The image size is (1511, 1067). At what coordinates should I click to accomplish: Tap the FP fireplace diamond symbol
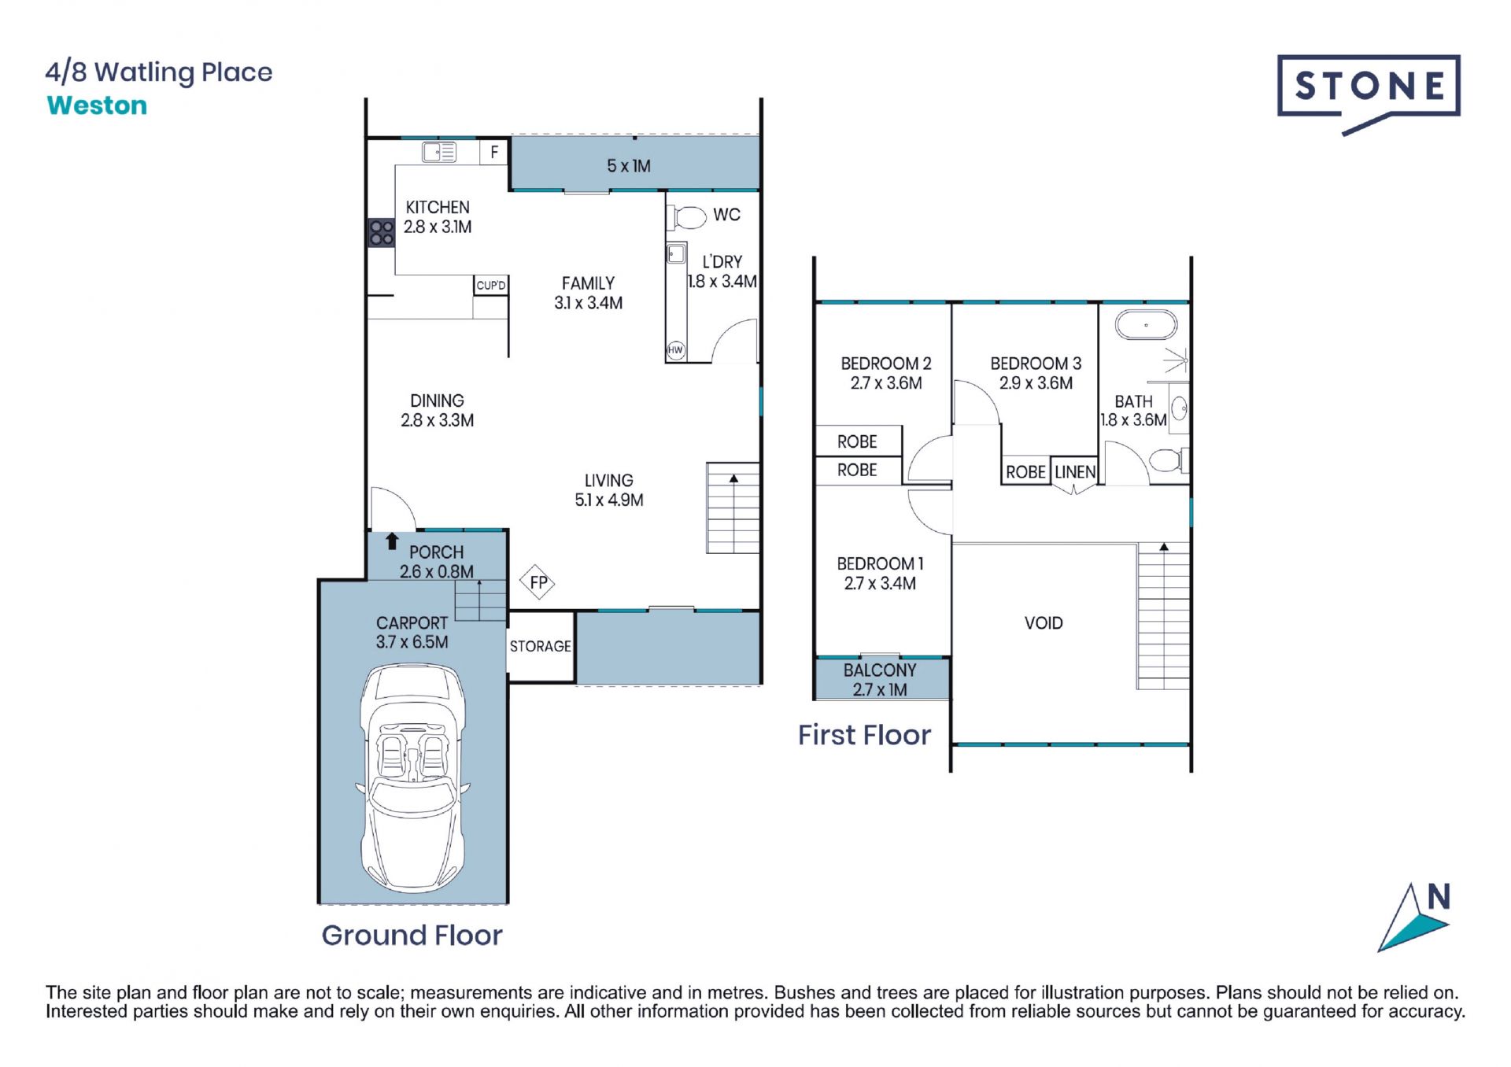point(538,582)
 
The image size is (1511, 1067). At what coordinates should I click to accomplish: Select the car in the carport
point(412,778)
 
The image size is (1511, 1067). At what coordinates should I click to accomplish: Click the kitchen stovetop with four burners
point(382,232)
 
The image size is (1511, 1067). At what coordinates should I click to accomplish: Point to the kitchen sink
point(439,152)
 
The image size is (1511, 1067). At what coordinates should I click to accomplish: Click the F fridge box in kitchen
point(494,152)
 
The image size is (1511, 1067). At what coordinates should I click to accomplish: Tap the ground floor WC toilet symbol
point(687,216)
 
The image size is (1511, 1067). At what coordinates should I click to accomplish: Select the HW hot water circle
point(676,350)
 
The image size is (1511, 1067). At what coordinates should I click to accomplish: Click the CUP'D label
point(491,285)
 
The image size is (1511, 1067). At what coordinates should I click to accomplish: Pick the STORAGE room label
point(540,646)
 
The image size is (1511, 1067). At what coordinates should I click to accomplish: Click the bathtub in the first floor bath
point(1146,325)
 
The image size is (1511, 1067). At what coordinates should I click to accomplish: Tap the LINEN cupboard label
point(1075,472)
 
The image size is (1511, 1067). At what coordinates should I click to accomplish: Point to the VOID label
point(1044,623)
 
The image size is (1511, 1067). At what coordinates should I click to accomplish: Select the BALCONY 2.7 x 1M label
point(880,680)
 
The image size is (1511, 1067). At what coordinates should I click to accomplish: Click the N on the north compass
point(1439,897)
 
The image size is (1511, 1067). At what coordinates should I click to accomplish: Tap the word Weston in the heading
point(97,105)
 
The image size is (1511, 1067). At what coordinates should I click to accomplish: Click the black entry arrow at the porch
point(392,541)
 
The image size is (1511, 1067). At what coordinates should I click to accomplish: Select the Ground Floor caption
point(412,935)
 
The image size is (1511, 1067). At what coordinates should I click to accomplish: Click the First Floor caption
point(864,735)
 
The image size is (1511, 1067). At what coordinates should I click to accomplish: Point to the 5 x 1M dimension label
point(629,166)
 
